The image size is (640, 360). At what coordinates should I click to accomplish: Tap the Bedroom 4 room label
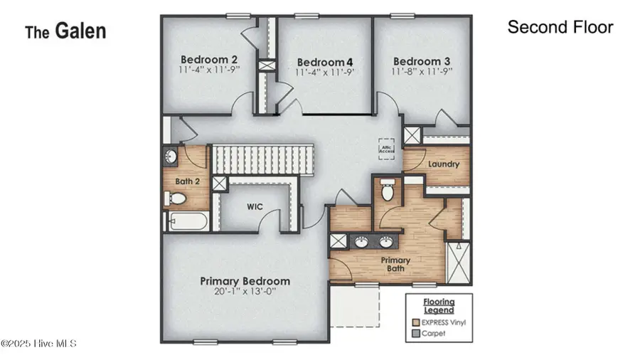[x=325, y=61]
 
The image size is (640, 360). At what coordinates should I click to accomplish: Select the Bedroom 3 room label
[x=422, y=60]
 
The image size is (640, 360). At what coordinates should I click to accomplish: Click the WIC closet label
[x=256, y=207]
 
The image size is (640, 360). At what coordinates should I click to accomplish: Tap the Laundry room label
[x=444, y=164]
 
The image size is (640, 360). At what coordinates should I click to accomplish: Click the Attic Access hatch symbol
[x=387, y=148]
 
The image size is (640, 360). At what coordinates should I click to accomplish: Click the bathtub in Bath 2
[x=188, y=222]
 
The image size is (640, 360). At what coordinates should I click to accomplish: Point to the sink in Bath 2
[x=171, y=156]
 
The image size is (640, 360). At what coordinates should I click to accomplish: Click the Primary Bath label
[x=396, y=265]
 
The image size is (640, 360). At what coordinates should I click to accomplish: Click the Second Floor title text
[x=560, y=28]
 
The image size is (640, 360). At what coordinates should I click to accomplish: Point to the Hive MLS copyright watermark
[x=38, y=344]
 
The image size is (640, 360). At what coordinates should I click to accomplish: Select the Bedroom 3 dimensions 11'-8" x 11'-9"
[x=422, y=71]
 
